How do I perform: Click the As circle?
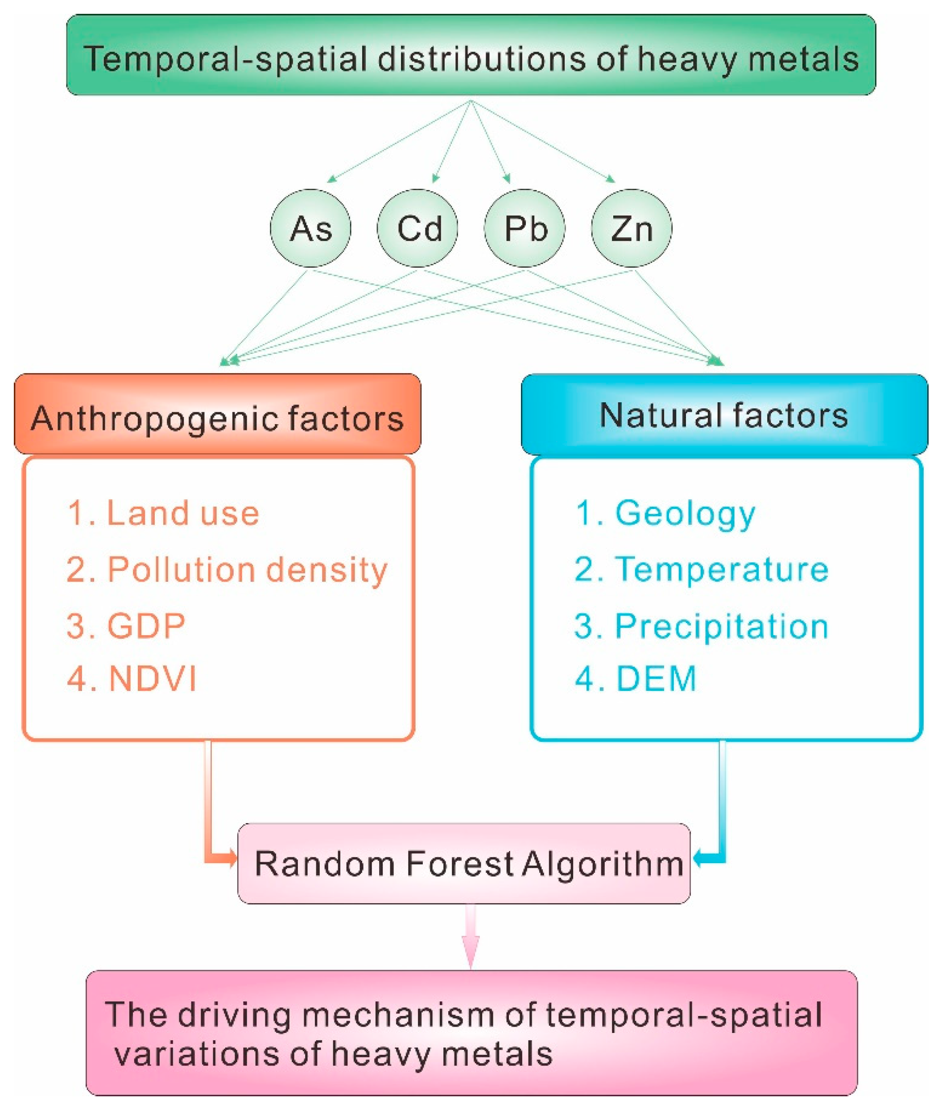[x=310, y=228]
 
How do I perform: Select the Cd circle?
[x=417, y=228]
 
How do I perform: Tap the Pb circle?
[x=525, y=228]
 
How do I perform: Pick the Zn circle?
[x=631, y=228]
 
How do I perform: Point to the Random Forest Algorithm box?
[x=463, y=864]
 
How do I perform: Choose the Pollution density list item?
[x=227, y=570]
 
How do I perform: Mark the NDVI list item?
[x=132, y=679]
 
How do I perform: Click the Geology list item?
[x=665, y=514]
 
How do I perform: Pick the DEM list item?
[x=636, y=679]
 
